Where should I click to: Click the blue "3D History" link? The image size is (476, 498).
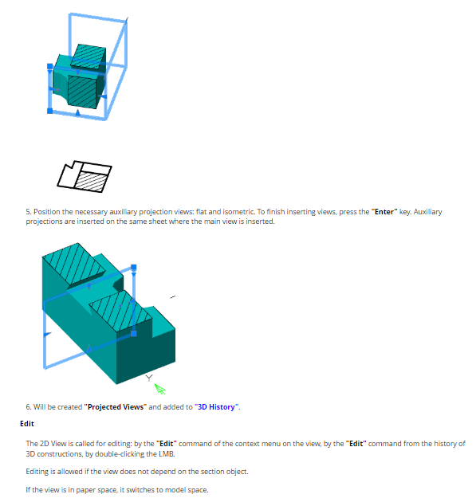216,407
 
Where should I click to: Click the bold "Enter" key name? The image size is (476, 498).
384,212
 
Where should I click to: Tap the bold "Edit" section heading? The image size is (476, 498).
27,424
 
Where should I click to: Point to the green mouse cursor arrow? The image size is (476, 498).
159,389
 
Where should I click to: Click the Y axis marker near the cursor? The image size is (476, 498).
149,378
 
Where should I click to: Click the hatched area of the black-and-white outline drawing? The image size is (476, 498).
91,182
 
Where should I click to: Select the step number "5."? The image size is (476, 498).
29,212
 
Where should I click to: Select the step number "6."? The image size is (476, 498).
29,407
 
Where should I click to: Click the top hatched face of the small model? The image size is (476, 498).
88,57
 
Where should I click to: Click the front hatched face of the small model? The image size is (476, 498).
82,92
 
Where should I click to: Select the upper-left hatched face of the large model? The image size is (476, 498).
73,264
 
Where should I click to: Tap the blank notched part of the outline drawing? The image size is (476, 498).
69,176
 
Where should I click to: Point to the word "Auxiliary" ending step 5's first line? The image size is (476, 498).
427,212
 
